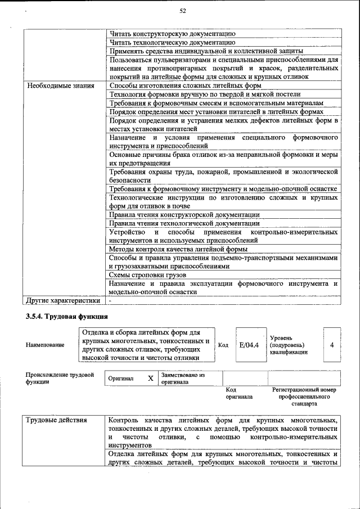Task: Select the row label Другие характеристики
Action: [59, 301]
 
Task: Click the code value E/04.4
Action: [249, 345]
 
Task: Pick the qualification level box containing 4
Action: [332, 345]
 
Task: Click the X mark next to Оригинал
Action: [150, 379]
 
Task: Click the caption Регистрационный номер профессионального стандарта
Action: [304, 396]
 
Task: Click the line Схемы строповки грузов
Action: [148, 275]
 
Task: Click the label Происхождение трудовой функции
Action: [60, 378]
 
